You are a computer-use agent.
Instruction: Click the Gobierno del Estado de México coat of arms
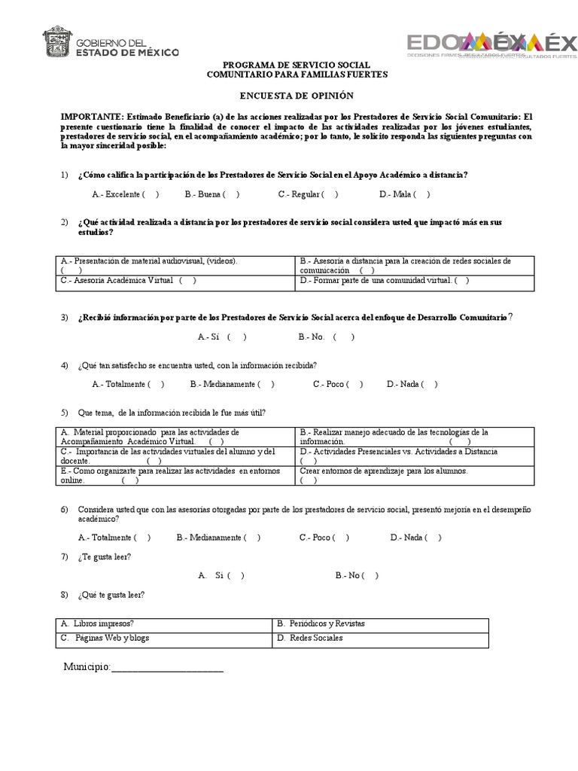click(57, 43)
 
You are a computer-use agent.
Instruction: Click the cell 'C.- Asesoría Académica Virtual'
click(129, 281)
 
